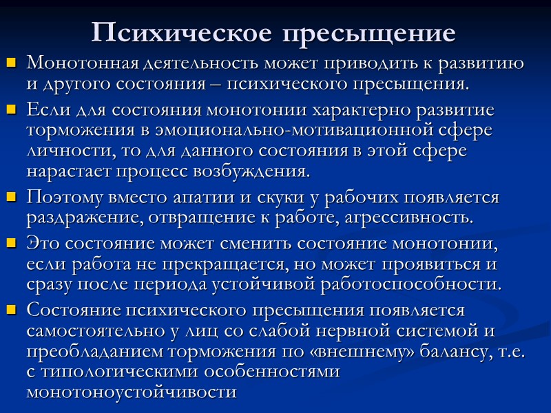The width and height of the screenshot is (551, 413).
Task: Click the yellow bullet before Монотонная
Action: pos(11,65)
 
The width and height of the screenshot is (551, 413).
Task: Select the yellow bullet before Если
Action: pos(11,110)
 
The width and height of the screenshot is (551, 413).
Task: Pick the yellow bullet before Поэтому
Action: pos(11,199)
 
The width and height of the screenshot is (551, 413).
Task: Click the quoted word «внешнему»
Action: pos(371,351)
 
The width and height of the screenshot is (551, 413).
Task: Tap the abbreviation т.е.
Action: pos(512,351)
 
